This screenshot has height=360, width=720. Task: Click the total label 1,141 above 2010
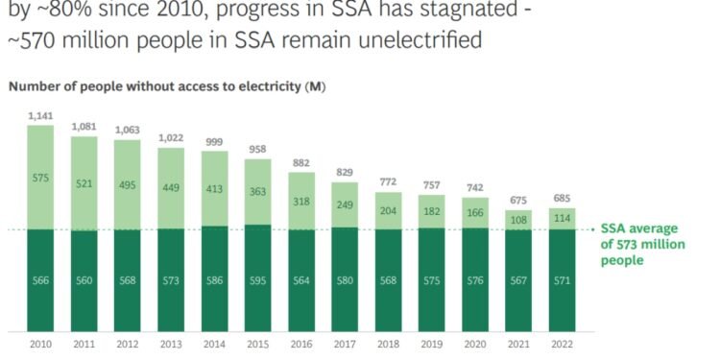coord(41,115)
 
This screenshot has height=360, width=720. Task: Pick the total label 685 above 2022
coord(563,199)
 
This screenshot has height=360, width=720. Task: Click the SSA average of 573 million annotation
coord(638,244)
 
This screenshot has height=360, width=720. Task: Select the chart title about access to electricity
coord(167,86)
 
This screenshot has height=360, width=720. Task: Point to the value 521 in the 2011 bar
coord(84,182)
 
